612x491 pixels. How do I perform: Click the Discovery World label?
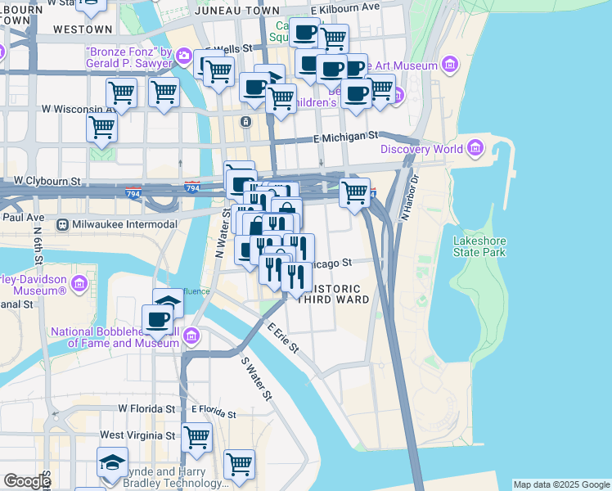pos(421,149)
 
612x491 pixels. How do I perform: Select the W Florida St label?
pos(147,408)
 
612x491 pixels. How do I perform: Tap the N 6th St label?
pos(38,239)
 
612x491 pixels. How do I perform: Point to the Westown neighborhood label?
pos(82,29)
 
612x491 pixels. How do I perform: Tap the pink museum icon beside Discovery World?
pos(475,149)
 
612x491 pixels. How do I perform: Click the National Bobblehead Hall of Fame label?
pos(115,337)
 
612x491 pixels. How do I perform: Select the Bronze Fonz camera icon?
pos(185,56)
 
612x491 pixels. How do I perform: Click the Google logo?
pos(26,481)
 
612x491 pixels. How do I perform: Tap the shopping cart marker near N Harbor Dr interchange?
pos(354,194)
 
